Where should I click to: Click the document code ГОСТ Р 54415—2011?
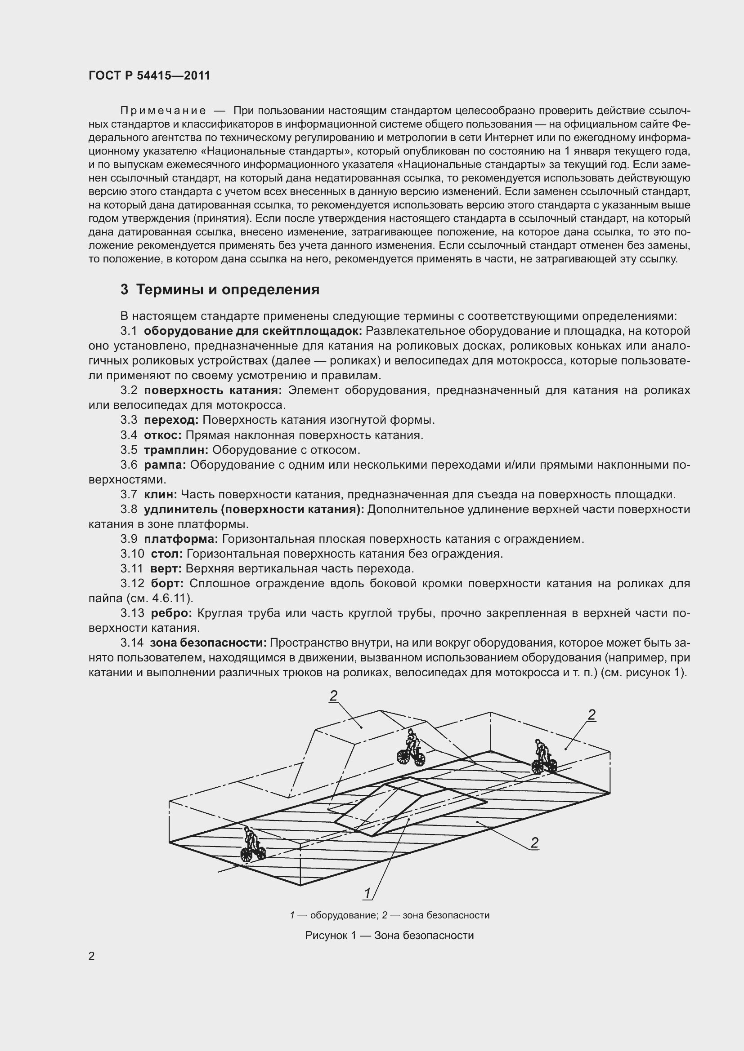tap(149, 76)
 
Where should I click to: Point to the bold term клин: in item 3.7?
tap(160, 494)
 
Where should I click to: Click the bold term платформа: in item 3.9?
tap(181, 539)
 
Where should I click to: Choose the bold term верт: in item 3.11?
tap(166, 568)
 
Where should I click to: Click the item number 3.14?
tap(132, 643)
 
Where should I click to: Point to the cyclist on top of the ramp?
tap(411, 748)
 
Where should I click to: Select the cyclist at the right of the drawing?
tap(544, 757)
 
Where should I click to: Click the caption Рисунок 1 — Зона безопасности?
tap(390, 936)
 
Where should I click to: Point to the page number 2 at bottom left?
tap(92, 956)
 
